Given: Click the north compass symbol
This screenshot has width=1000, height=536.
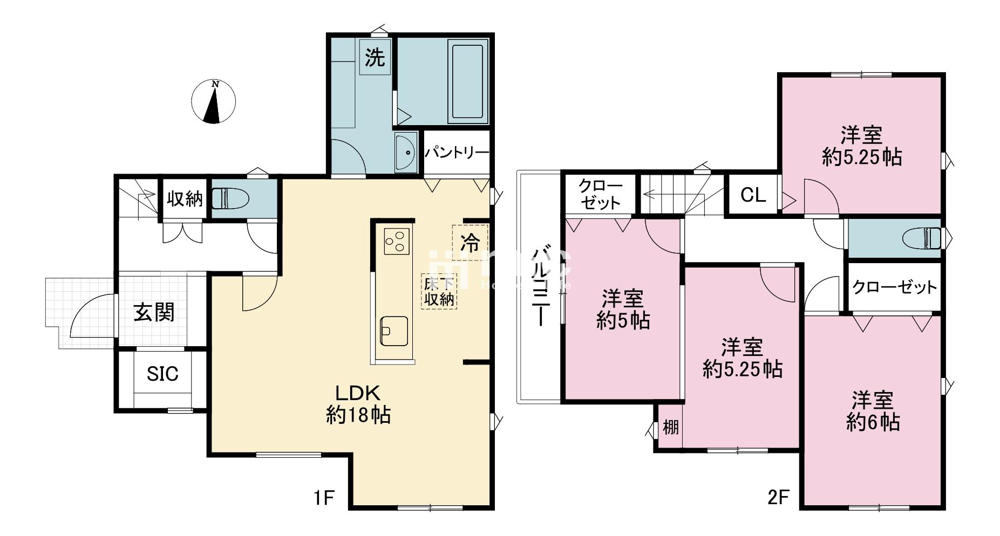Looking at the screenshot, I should pos(214,101).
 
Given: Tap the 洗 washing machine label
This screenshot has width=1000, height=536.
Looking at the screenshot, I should pos(375,57).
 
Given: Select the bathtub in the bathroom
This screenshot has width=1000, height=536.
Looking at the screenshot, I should pos(467,81).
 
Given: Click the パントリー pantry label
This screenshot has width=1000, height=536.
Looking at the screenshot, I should pos(457,153).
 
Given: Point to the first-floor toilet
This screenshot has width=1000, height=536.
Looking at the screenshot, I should pos(229,198).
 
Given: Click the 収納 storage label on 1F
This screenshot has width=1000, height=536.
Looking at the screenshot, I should pos(184,199).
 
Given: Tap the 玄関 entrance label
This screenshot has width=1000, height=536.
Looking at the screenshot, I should pos(154,312).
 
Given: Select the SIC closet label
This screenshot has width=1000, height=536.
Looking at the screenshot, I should pos(162,373).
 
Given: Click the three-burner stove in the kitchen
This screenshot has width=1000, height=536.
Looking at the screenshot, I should pos(397,241).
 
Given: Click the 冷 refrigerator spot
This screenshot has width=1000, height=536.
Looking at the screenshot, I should pos(470,243).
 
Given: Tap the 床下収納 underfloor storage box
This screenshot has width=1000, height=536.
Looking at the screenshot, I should pos(439,291).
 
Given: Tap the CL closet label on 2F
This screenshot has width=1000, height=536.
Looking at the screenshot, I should pos(753,195).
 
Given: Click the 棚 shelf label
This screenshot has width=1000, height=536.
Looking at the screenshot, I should pos(670,428).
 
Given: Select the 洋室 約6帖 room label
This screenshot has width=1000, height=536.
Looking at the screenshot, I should pos(873,411).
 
